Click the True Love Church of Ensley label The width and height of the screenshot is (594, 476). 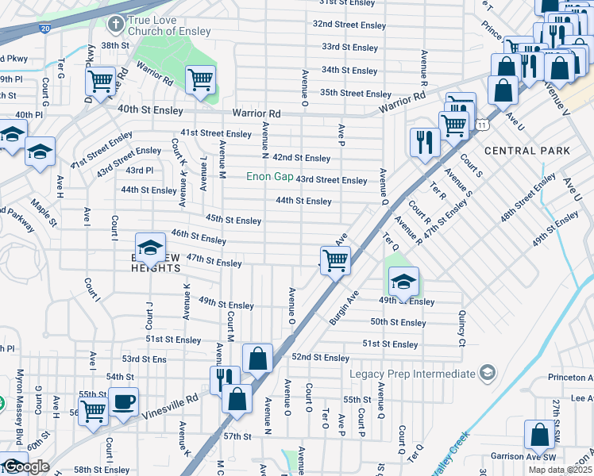click(171, 24)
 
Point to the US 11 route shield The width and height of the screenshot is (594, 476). click(483, 124)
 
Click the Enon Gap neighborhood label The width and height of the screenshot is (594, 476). click(268, 176)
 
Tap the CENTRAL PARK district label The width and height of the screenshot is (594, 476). click(527, 150)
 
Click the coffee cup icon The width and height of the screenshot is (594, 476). click(123, 402)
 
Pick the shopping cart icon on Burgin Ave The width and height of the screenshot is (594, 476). click(335, 259)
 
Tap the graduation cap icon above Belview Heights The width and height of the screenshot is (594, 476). click(148, 248)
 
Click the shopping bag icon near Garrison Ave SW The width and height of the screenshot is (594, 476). click(539, 435)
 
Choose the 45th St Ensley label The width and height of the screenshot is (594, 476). click(233, 219)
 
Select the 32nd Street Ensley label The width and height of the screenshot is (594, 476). click(349, 25)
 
